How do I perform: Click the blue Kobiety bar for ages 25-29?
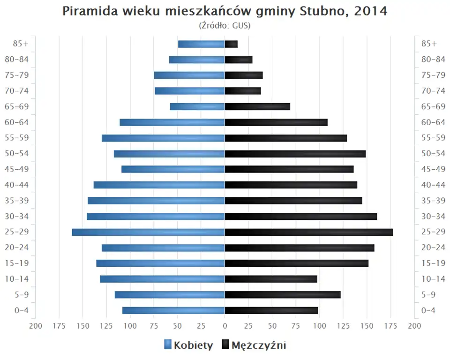coord(148,232)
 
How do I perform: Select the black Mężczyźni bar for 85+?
coord(231,44)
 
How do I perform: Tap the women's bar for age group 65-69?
coord(197,107)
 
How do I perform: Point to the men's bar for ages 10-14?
coord(271,279)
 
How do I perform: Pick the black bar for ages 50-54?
coord(295,154)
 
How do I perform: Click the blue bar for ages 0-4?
coord(173,310)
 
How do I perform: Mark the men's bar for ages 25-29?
coord(309,232)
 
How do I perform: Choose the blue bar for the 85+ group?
coord(202,44)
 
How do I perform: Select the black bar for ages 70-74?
coord(243,91)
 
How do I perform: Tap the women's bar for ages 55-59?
coord(163,138)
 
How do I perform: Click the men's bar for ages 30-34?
coord(301,216)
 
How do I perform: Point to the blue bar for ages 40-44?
coord(159,185)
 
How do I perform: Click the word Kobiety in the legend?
coord(193,345)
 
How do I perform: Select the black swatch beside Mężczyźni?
coord(225,345)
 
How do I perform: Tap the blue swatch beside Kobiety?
coord(168,345)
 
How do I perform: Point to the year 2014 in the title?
coord(371,11)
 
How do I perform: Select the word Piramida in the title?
coord(87,11)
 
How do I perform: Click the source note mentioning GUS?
coord(225,25)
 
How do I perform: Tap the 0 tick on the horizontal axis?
coord(225,326)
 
